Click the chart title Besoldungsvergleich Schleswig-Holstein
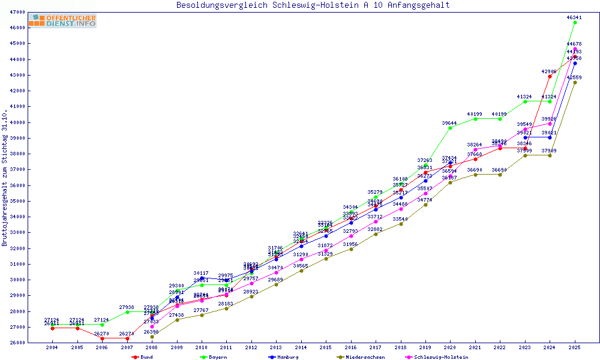(313, 5)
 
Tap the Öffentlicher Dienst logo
(62, 21)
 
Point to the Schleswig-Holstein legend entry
(437, 357)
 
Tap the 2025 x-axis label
(575, 347)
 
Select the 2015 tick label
(326, 347)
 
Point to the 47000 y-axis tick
(17, 12)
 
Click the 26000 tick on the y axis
(17, 343)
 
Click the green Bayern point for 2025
(575, 22)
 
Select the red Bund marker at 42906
(550, 76)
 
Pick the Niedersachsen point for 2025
(575, 82)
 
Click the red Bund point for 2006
(103, 338)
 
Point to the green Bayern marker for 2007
(127, 312)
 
